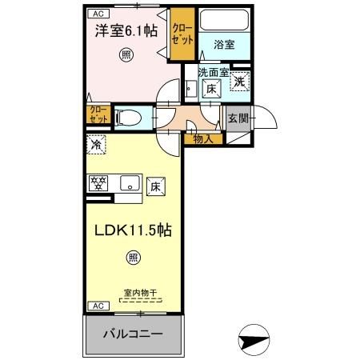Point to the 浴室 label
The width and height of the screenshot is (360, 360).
(225, 45)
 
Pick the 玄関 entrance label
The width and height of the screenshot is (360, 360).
(238, 118)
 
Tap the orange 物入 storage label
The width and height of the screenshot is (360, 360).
(203, 138)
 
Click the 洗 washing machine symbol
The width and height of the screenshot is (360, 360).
(239, 82)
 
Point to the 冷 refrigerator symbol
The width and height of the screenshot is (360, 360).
(95, 145)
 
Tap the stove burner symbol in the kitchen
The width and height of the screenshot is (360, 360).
(98, 183)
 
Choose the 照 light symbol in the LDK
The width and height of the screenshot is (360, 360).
(133, 258)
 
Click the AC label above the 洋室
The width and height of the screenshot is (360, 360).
(96, 13)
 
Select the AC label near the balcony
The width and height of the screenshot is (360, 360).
(95, 306)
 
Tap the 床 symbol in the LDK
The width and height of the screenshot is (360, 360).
(154, 187)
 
